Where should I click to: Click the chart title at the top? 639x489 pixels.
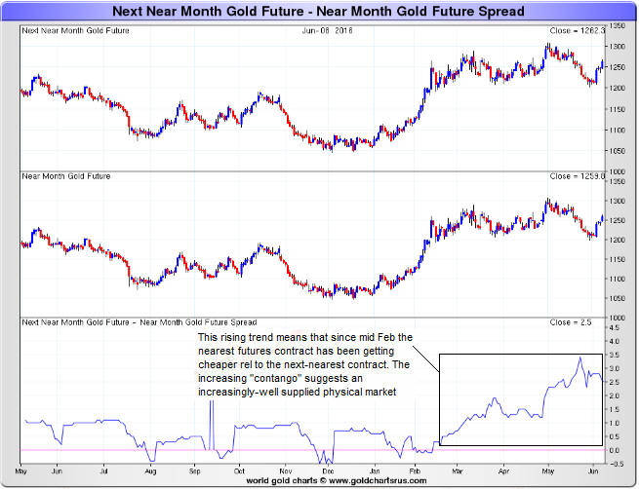point(319,12)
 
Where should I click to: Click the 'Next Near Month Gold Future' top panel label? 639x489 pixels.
point(75,30)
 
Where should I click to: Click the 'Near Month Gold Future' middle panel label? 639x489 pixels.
point(65,176)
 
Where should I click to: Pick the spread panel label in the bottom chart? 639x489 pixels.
point(139,321)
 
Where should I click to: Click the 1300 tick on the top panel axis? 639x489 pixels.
point(618,47)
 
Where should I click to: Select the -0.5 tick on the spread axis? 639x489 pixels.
point(616,465)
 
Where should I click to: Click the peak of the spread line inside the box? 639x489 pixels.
point(579,357)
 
